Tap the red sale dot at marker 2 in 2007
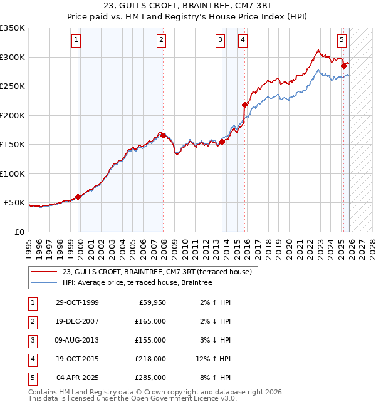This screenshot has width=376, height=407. click(x=163, y=135)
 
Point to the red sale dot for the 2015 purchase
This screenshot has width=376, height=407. click(x=244, y=105)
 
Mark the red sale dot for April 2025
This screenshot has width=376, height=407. click(x=343, y=66)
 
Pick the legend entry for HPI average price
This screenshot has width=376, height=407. click(x=137, y=282)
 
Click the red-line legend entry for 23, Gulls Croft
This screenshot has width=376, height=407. click(x=157, y=272)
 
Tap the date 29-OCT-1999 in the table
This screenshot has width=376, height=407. click(x=77, y=303)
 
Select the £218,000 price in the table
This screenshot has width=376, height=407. click(x=151, y=359)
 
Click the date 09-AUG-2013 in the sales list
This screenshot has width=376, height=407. click(x=77, y=341)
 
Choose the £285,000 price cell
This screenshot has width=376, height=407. click(x=151, y=378)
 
